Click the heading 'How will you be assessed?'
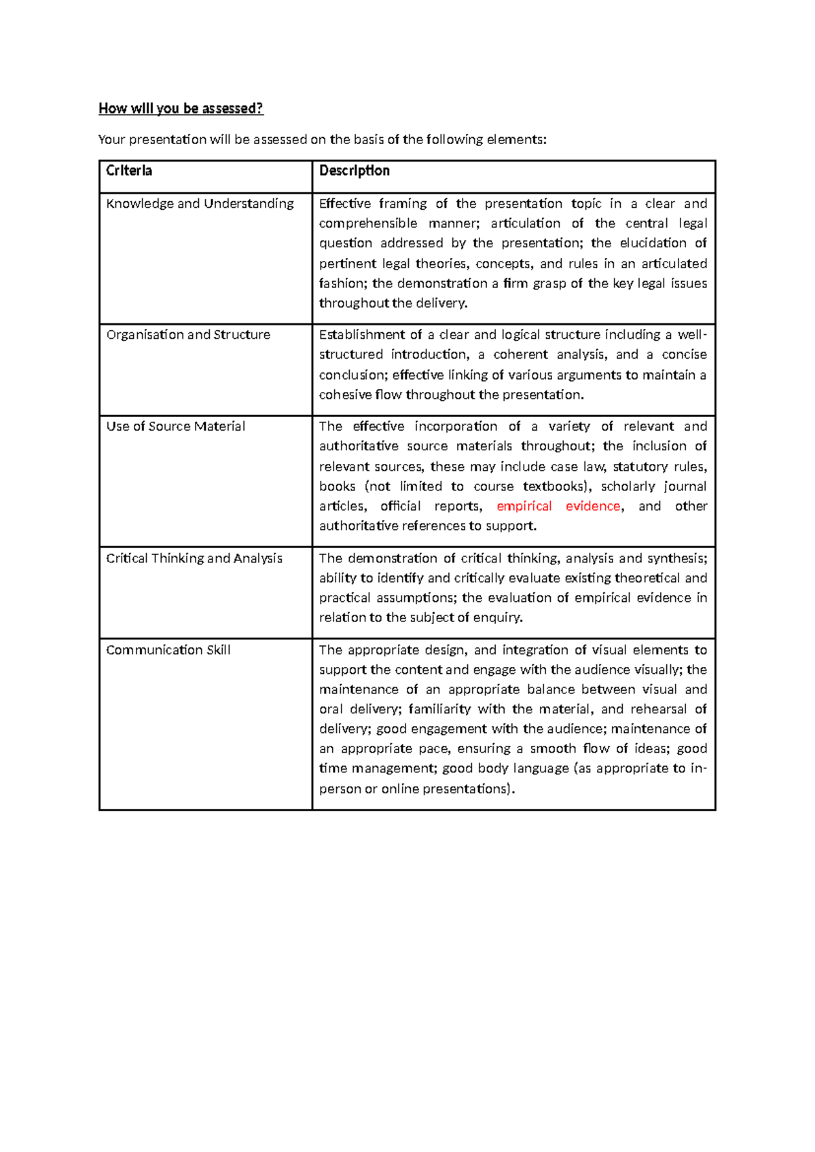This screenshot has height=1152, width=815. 181,109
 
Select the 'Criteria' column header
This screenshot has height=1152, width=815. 129,170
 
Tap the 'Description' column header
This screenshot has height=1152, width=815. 355,170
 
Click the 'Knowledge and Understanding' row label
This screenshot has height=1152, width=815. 200,204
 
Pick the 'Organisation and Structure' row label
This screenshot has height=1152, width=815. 188,335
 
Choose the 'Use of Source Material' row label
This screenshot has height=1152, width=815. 175,427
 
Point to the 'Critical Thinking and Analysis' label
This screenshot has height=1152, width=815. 194,558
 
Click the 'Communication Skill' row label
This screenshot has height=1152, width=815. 168,650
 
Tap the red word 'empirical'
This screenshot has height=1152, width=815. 524,506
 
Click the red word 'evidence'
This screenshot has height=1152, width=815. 593,506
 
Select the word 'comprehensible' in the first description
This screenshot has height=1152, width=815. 368,223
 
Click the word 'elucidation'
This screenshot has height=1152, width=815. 653,243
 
